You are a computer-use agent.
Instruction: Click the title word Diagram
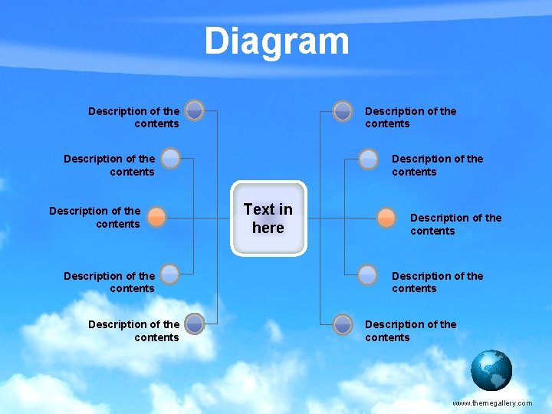pyautogui.click(x=276, y=41)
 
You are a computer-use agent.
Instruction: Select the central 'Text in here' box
pyautogui.click(x=268, y=219)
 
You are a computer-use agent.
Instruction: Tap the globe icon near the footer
pyautogui.click(x=491, y=370)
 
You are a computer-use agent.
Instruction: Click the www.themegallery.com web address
pyautogui.click(x=491, y=402)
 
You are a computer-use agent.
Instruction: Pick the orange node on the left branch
pyautogui.click(x=156, y=217)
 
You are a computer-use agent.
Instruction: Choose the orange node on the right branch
pyautogui.click(x=386, y=217)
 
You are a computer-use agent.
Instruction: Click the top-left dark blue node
pyautogui.click(x=195, y=110)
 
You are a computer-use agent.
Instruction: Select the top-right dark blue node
pyautogui.click(x=343, y=110)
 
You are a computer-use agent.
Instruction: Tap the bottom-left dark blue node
pyautogui.click(x=195, y=324)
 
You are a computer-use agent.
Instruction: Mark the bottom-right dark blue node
pyautogui.click(x=343, y=324)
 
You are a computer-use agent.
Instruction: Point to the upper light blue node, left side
pyautogui.click(x=171, y=159)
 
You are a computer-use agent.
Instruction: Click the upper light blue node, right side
pyautogui.click(x=369, y=159)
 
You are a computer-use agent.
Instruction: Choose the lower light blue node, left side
pyautogui.click(x=171, y=274)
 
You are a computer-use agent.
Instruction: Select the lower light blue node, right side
pyautogui.click(x=369, y=274)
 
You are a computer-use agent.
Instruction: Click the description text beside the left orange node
pyautogui.click(x=95, y=217)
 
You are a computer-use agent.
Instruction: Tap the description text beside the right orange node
pyautogui.click(x=455, y=224)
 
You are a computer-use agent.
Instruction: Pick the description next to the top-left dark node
pyautogui.click(x=133, y=117)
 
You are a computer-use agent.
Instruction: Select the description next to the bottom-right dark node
pyautogui.click(x=410, y=330)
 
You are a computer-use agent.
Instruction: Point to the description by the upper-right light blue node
pyautogui.click(x=437, y=165)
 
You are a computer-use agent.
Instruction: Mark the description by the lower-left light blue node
pyautogui.click(x=109, y=282)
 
